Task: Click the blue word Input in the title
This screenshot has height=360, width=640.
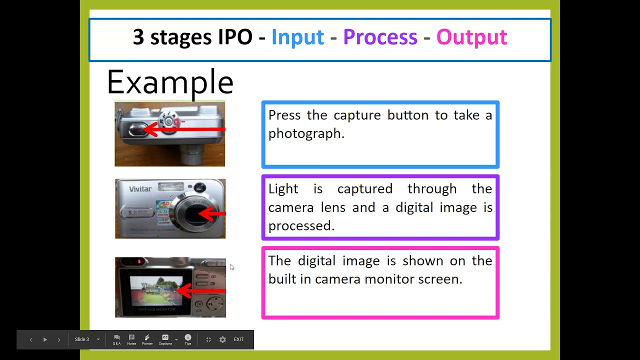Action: click(x=297, y=37)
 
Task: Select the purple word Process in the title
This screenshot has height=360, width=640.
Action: click(x=380, y=37)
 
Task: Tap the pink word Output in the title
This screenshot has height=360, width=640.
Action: click(x=471, y=37)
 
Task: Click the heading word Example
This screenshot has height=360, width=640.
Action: click(x=170, y=82)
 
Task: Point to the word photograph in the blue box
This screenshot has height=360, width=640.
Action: click(x=305, y=134)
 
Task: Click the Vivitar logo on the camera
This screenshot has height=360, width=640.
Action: click(x=140, y=189)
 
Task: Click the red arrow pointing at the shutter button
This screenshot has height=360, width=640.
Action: click(x=185, y=130)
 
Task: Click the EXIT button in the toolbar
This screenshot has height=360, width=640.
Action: click(x=238, y=339)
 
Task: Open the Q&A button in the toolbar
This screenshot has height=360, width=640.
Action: click(x=116, y=339)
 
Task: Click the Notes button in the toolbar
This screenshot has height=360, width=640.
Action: click(x=131, y=339)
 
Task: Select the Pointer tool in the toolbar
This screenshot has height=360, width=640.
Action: click(x=147, y=339)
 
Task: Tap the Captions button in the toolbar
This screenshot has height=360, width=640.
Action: click(x=165, y=339)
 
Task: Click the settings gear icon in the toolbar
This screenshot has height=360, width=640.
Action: click(x=222, y=339)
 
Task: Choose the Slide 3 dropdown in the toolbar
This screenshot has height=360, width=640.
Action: click(x=87, y=339)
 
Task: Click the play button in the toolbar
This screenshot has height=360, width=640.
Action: click(x=45, y=339)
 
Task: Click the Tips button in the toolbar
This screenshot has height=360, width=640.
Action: click(x=188, y=339)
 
